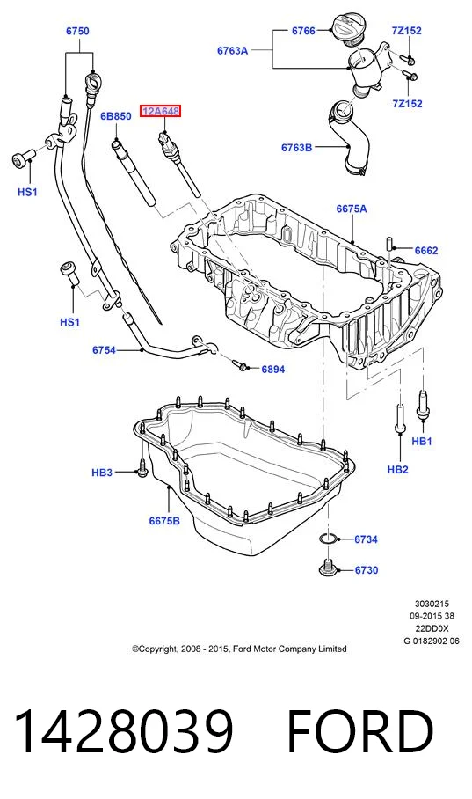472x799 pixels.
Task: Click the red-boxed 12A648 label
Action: [x=160, y=112]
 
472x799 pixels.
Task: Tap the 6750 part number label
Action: [x=77, y=31]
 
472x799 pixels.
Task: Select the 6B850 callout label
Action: [x=115, y=116]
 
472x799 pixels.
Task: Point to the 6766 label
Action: [x=303, y=31]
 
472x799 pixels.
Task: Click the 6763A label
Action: [x=233, y=50]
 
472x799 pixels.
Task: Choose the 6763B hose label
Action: [x=297, y=148]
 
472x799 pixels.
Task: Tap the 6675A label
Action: [x=352, y=209]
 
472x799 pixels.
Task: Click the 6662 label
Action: [x=426, y=250]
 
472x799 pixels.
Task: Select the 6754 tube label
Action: [x=104, y=350]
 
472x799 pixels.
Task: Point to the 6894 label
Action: [x=272, y=369]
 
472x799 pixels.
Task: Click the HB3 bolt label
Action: [x=102, y=473]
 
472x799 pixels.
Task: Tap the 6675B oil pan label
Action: [x=164, y=521]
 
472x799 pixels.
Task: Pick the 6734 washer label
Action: [x=367, y=539]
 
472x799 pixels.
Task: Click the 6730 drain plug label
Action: [x=367, y=570]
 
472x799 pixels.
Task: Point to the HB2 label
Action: [x=397, y=469]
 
